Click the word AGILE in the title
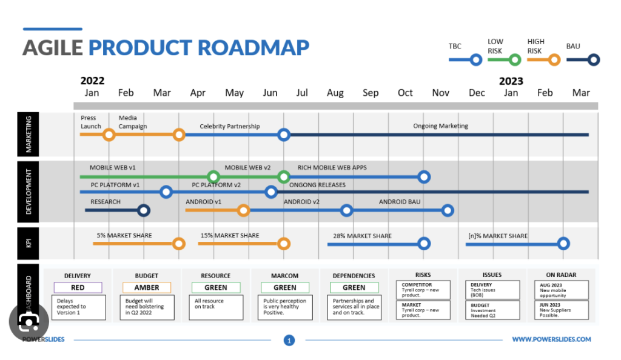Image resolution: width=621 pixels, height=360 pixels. (53, 47)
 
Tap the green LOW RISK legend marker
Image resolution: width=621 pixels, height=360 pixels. (515, 59)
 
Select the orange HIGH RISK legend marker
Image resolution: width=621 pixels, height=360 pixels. (553, 59)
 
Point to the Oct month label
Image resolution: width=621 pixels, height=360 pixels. (405, 93)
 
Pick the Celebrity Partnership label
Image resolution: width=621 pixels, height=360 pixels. (230, 127)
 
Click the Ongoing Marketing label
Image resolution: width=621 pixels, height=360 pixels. (440, 126)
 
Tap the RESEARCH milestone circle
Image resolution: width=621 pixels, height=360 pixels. (143, 210)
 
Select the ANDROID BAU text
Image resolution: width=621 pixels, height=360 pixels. (400, 202)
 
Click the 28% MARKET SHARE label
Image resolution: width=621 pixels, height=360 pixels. (362, 236)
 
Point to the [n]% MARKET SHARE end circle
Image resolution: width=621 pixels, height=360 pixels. (563, 244)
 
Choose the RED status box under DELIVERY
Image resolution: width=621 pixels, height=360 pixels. (78, 287)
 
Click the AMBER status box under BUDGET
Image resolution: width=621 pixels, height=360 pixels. (147, 287)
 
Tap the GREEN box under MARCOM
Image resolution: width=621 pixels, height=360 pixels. (285, 287)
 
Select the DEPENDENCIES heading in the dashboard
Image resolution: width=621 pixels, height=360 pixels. (354, 276)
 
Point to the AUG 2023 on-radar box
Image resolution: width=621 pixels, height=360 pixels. (561, 288)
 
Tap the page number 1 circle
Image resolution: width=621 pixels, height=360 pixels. (289, 341)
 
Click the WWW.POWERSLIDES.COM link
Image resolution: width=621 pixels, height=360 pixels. (551, 339)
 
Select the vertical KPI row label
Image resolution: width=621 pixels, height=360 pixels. (29, 243)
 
